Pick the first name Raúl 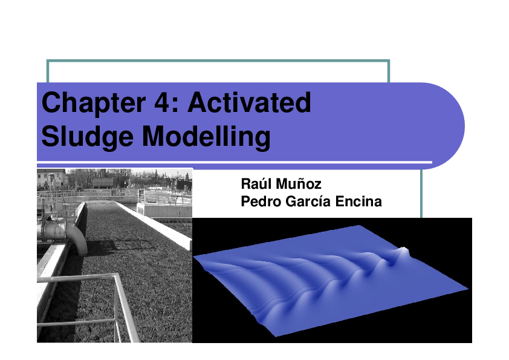click(254, 183)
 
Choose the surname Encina click(360, 201)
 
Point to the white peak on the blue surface click(402, 251)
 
